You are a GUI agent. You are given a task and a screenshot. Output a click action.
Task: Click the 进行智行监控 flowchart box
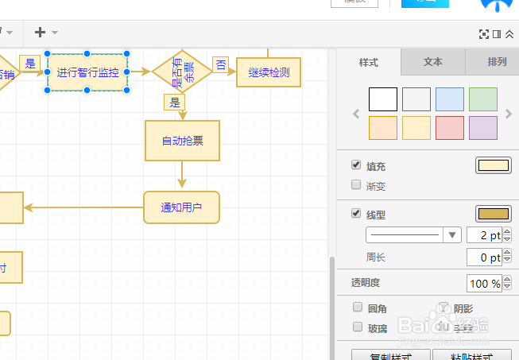click(x=87, y=72)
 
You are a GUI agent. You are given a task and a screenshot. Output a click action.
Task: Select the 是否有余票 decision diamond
click(x=182, y=72)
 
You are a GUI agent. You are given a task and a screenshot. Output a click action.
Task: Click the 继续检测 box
click(x=269, y=72)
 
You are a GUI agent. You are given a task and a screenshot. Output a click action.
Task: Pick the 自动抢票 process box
click(x=182, y=141)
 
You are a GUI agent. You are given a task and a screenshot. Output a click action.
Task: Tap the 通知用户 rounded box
click(x=181, y=207)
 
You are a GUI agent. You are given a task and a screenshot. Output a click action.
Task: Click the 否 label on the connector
click(x=221, y=64)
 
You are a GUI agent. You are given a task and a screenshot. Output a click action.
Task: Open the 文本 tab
click(x=432, y=61)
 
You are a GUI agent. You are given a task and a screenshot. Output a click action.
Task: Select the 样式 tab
click(x=369, y=61)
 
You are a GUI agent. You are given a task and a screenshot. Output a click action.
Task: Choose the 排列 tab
click(x=497, y=61)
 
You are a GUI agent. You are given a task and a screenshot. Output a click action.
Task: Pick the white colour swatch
click(x=383, y=99)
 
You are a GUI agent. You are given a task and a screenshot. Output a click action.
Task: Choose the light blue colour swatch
click(x=450, y=99)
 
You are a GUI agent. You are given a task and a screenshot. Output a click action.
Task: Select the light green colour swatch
click(x=483, y=99)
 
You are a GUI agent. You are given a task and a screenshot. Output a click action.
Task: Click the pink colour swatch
click(x=450, y=128)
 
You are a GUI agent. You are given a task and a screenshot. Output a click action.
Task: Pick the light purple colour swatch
click(x=483, y=128)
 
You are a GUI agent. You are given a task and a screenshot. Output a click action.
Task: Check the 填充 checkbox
click(x=356, y=166)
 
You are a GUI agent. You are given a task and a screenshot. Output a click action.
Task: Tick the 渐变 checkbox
click(x=356, y=185)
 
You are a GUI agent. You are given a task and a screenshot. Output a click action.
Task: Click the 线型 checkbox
click(x=356, y=214)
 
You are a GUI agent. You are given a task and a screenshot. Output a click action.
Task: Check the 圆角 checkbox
click(x=357, y=308)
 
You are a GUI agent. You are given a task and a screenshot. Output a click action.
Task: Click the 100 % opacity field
click(x=483, y=283)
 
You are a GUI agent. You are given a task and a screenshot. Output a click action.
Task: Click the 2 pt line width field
click(x=483, y=235)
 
